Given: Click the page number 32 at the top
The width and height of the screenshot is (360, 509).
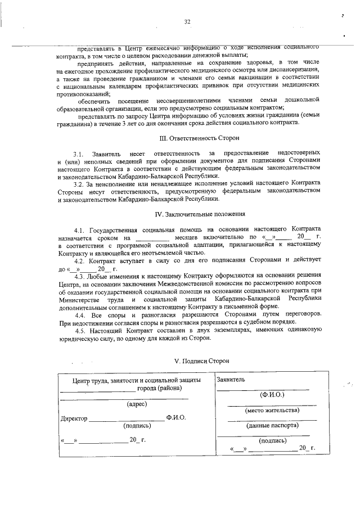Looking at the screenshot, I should [187, 21].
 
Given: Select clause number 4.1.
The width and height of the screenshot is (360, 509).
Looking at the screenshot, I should [79, 230].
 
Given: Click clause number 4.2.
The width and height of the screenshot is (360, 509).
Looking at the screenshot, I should [79, 261].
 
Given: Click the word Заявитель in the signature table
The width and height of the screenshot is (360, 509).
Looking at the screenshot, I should [231, 380].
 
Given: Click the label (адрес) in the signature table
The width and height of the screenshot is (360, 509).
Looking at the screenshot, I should [137, 404].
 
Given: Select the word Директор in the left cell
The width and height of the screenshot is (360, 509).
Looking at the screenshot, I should [73, 418].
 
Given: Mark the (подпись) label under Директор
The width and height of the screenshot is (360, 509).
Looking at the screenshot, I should [137, 426].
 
